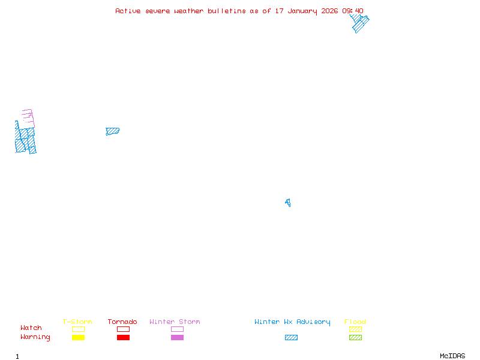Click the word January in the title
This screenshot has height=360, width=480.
pyautogui.click(x=302, y=11)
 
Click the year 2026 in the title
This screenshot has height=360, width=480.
pyautogui.click(x=329, y=11)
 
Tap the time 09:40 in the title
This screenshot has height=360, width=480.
pyautogui.click(x=353, y=11)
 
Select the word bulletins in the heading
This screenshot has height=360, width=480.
pyautogui.click(x=227, y=11)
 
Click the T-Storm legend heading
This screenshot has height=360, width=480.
pyautogui.click(x=77, y=322)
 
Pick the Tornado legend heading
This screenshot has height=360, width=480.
pyautogui.click(x=122, y=322)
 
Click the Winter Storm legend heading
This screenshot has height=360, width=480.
pyautogui.click(x=175, y=322)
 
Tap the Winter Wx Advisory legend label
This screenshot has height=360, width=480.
pyautogui.click(x=292, y=322)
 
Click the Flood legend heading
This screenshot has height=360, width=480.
pyautogui.click(x=355, y=322)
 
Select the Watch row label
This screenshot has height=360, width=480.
pyautogui.click(x=31, y=328)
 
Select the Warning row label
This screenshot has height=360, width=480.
pyautogui.click(x=35, y=337)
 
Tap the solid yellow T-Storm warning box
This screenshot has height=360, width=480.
pyautogui.click(x=79, y=337)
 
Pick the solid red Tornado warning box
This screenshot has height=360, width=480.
pyautogui.click(x=124, y=337)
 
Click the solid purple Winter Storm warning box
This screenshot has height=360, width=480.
pyautogui.click(x=177, y=337)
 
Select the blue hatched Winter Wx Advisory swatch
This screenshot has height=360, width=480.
pyautogui.click(x=291, y=337)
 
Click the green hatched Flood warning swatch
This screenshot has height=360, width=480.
pyautogui.click(x=355, y=337)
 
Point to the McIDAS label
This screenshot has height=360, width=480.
pyautogui.click(x=452, y=356)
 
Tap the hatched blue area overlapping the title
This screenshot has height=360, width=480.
pyautogui.click(x=359, y=23)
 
